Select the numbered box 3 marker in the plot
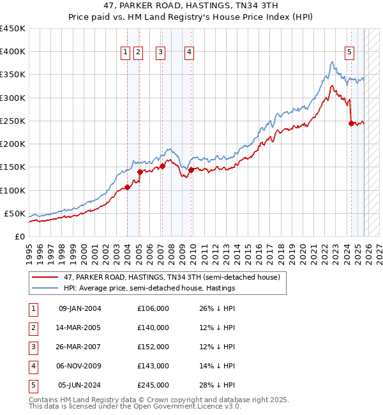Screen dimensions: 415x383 [160, 52]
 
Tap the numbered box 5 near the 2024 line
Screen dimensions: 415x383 [350, 52]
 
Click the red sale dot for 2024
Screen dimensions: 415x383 [351, 123]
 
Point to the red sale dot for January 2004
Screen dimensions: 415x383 [127, 187]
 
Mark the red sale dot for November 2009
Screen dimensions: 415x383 [191, 170]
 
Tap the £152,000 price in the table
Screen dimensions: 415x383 [153, 347]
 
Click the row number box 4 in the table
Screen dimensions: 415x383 [33, 366]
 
